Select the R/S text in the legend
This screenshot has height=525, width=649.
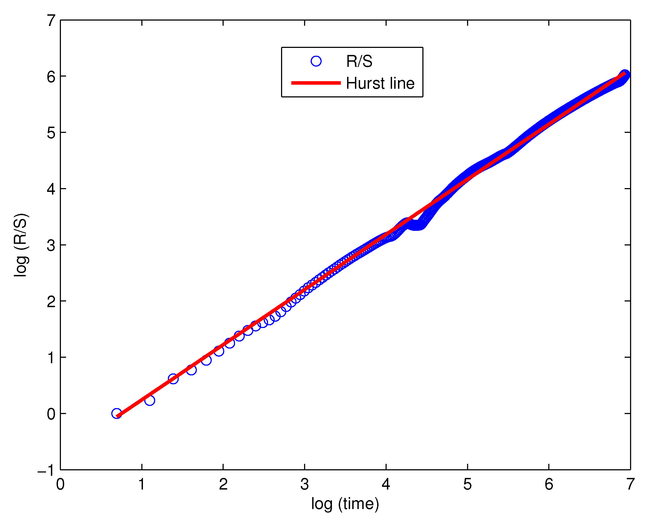359,61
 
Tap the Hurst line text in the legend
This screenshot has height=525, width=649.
380,83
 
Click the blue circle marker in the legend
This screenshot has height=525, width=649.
316,61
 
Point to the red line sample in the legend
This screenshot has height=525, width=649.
316,83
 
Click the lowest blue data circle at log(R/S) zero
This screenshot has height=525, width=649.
116,414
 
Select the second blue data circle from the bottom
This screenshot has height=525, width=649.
149,401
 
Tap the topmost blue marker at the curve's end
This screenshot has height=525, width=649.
624,74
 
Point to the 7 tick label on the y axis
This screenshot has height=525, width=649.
51,21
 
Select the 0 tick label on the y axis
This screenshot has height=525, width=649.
51,414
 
